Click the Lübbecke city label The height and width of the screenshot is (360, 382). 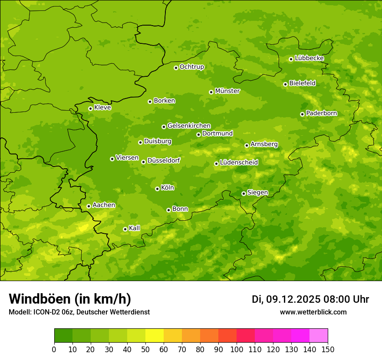tap(309, 58)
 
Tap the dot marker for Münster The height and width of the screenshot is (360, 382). tap(211, 92)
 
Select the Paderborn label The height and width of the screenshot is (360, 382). tap(321, 113)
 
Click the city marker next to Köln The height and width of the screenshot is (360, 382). tap(157, 189)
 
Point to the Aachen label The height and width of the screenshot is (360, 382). tap(104, 205)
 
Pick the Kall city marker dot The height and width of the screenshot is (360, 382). tap(125, 229)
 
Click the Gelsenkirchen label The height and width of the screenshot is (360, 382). tap(189, 126)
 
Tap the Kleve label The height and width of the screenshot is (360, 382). tap(102, 108)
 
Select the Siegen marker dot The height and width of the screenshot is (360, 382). tap(244, 193)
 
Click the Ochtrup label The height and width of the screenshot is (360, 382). tap(191, 67)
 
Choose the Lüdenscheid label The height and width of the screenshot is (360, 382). tap(239, 163)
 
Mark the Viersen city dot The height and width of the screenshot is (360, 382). tap(112, 159)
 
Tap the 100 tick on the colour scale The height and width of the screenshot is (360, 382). tap(237, 349)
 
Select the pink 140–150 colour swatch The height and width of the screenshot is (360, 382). tap(319, 336)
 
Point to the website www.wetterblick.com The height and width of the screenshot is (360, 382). tap(313, 312)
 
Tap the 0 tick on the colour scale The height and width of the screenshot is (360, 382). tap(54, 349)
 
